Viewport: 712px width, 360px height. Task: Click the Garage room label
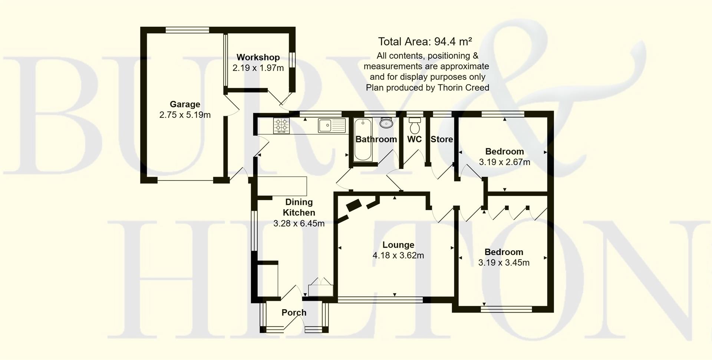point(185,104)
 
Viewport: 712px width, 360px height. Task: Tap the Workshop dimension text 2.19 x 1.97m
point(258,68)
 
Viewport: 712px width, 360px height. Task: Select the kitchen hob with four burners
point(281,125)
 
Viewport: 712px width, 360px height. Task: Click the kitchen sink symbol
point(331,125)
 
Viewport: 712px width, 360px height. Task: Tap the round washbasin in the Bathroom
point(386,123)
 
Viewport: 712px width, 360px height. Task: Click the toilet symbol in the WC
point(414,126)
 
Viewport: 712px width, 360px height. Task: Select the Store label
point(441,139)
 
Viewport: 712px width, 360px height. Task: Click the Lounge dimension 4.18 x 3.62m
point(398,255)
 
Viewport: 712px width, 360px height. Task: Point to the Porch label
point(294,313)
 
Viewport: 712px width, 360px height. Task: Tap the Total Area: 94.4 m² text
point(425,41)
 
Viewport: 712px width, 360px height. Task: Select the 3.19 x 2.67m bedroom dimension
point(504,162)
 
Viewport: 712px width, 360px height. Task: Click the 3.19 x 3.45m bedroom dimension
point(504,262)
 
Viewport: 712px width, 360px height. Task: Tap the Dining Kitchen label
point(299,207)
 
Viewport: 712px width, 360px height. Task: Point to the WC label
point(414,139)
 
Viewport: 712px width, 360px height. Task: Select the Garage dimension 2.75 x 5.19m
point(185,115)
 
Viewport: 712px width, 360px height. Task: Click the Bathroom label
point(376,139)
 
